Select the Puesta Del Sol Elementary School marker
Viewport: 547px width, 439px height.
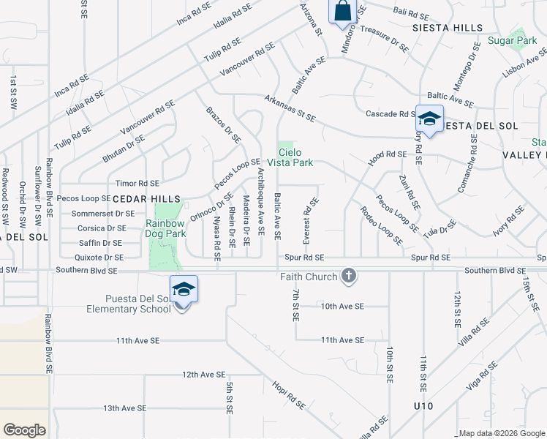point(184,290)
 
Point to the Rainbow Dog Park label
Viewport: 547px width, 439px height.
point(165,228)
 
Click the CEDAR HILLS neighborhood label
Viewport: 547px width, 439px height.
point(146,199)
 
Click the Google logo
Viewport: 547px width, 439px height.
point(24,430)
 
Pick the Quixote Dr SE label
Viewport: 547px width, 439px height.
point(99,258)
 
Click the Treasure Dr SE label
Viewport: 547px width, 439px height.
point(385,39)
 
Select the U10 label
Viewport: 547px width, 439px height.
point(423,405)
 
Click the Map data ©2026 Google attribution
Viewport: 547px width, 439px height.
point(502,433)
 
